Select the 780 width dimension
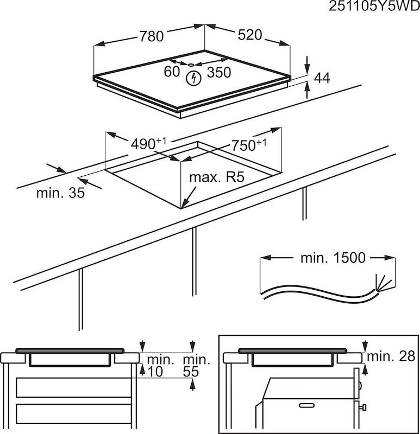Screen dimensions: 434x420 click(151, 36)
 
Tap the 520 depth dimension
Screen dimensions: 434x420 click(249, 35)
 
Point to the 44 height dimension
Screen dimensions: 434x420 click(322, 78)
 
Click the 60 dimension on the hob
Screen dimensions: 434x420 click(172, 72)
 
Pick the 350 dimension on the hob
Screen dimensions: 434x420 click(219, 72)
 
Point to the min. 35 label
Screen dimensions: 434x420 click(60, 193)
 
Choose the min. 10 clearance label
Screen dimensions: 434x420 click(160, 365)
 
